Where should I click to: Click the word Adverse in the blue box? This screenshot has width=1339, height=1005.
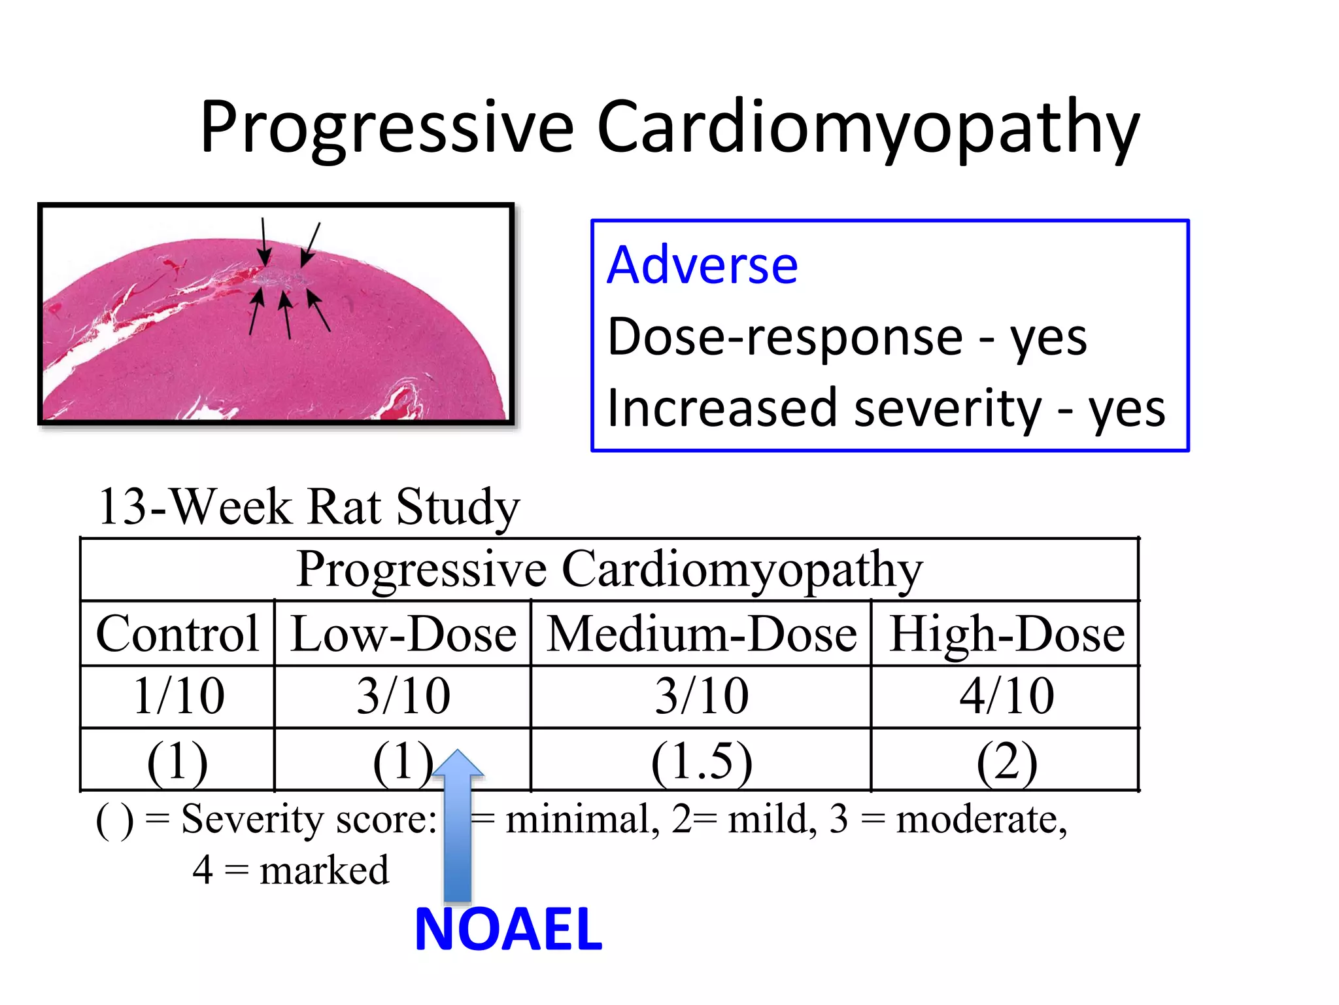click(x=702, y=265)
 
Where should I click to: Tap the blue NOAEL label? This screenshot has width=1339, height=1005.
click(x=508, y=930)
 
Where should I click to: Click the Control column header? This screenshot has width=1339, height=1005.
click(x=177, y=633)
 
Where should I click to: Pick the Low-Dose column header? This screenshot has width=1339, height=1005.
click(x=403, y=633)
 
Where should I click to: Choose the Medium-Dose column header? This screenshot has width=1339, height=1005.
click(x=701, y=633)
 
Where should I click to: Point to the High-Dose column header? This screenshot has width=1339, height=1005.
click(x=1006, y=633)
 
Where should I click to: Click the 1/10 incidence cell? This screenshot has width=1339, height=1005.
click(x=178, y=696)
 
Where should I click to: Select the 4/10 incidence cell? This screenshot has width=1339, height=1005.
click(x=1006, y=696)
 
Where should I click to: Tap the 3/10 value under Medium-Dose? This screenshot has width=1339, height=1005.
click(x=702, y=696)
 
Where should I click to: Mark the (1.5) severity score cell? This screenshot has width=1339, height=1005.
click(x=702, y=761)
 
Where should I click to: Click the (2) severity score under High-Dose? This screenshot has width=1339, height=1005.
click(x=1006, y=761)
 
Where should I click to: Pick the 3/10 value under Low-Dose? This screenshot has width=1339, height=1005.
click(x=403, y=696)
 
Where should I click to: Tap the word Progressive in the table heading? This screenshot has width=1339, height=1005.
click(x=421, y=569)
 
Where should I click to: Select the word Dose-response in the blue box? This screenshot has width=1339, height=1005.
click(x=785, y=337)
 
